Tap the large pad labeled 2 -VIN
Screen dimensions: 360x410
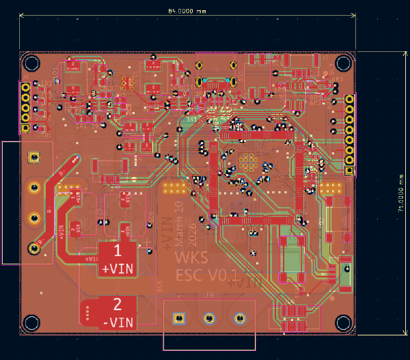[x=117, y=312]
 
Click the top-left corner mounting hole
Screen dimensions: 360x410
[x=31, y=64]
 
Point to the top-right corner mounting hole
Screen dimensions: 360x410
[x=342, y=64]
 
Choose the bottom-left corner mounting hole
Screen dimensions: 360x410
[x=31, y=322]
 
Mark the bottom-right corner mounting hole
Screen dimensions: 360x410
[x=342, y=322]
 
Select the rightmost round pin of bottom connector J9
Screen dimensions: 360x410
[x=239, y=318]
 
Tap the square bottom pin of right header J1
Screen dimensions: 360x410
[x=349, y=171]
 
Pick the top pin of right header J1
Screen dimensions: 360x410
[x=349, y=100]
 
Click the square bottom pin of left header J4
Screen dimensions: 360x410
[x=25, y=128]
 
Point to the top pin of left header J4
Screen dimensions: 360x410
[x=25, y=87]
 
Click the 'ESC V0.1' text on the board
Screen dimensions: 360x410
[x=206, y=275]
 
